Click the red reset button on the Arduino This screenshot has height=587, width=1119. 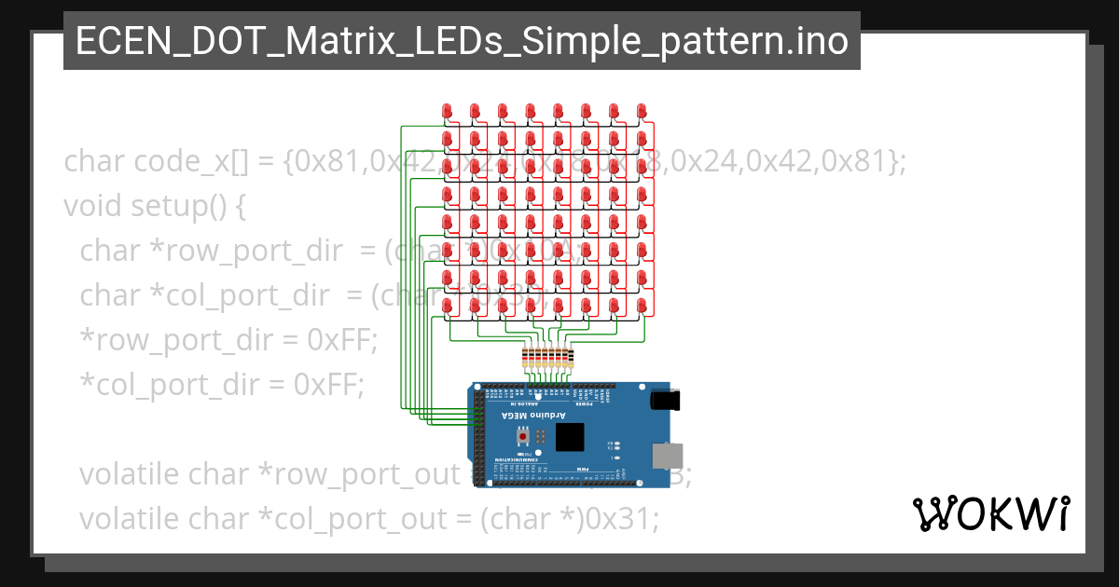tap(523, 436)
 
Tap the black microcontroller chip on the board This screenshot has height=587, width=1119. tap(569, 437)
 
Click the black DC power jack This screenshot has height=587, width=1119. tap(663, 400)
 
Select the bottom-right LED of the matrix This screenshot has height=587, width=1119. tap(642, 306)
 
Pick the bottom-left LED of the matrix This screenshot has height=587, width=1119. tap(447, 306)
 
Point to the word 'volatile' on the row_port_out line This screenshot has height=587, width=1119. tap(131, 474)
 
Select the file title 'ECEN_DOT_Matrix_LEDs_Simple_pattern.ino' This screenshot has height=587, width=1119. tap(462, 41)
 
